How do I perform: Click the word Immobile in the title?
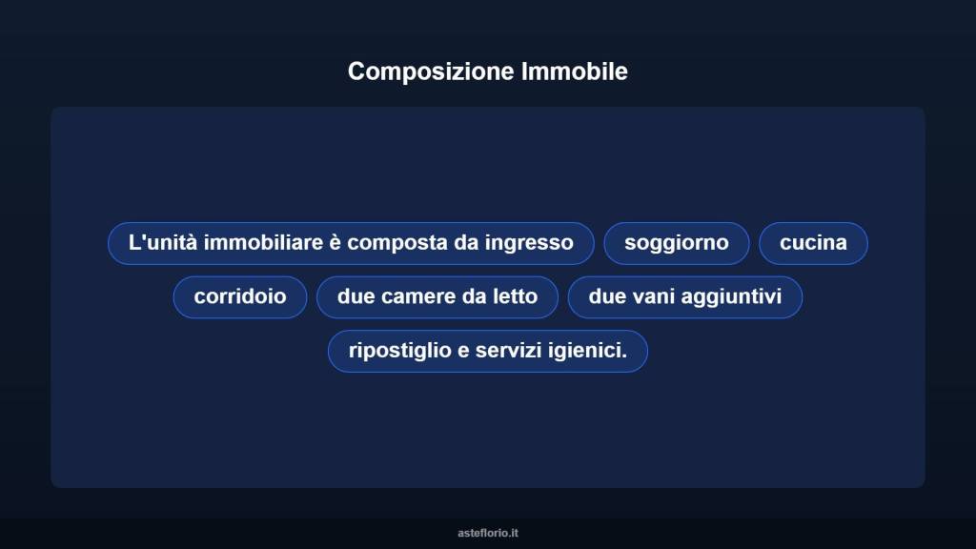tap(575, 71)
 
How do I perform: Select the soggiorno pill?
tap(677, 243)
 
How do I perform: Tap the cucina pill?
tap(813, 243)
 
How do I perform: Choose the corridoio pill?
tap(240, 296)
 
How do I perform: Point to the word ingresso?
tap(529, 243)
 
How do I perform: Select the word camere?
tap(417, 296)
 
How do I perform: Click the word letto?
tap(515, 296)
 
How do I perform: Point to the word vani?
tap(651, 296)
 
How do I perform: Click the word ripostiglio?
tap(400, 351)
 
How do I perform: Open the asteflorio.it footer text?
tap(488, 533)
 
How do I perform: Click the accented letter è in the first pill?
tap(335, 243)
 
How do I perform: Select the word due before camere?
tap(356, 296)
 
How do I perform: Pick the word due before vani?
tap(607, 296)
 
